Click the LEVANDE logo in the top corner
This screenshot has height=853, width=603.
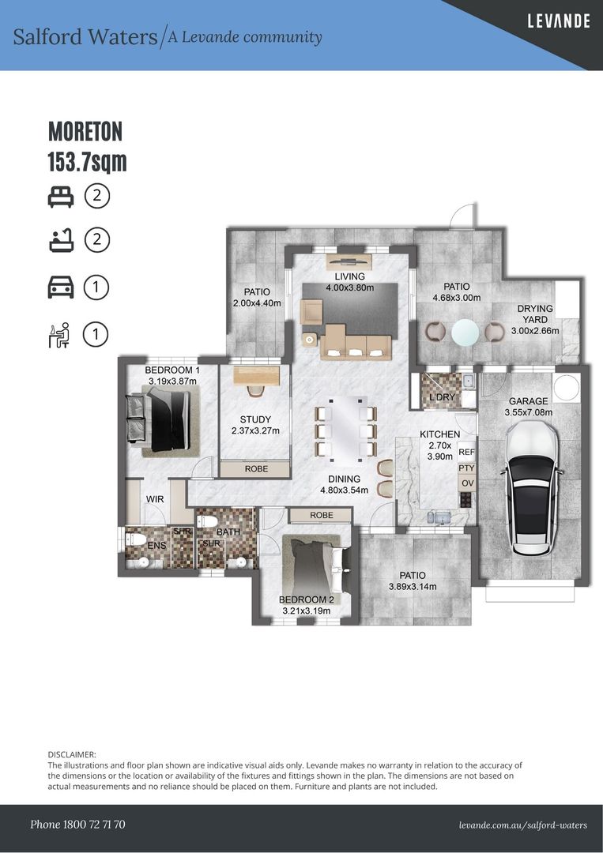point(559,21)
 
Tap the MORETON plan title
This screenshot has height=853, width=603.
point(85,131)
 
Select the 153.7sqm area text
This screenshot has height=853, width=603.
point(87,162)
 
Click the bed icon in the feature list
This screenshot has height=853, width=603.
point(60,197)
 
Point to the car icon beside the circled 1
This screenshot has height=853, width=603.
point(60,287)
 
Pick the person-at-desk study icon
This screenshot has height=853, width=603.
point(59,335)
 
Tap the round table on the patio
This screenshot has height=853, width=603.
point(465,331)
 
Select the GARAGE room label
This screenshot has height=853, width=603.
point(528,401)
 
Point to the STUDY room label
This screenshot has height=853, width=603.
point(255,419)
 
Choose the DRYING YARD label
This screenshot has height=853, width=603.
point(534,314)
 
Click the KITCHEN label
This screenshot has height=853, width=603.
point(439,434)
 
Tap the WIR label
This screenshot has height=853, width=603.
point(155,499)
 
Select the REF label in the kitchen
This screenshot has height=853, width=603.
point(466,452)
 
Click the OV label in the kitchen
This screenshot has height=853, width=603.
point(467,483)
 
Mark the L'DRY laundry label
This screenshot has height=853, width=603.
point(441,397)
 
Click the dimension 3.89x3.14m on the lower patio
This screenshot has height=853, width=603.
point(413,586)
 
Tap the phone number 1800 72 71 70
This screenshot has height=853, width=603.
point(95,824)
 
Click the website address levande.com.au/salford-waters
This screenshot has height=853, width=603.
point(523,825)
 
